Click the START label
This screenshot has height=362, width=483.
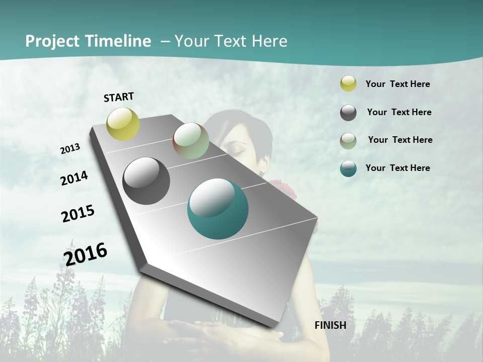tap(119, 97)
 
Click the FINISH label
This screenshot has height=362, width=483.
tap(330, 325)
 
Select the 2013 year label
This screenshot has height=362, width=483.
tap(70, 149)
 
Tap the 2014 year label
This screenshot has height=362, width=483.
tap(74, 178)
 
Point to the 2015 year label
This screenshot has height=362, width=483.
tap(78, 214)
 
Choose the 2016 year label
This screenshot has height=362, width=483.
tap(86, 254)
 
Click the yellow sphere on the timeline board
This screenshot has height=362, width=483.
tap(123, 124)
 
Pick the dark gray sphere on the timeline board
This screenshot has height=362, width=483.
tap(146, 181)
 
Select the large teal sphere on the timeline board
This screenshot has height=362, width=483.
tap(218, 209)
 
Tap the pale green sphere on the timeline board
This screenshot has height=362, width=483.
tap(191, 141)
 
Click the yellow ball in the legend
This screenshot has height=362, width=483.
tap(348, 84)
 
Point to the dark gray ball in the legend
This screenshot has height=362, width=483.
tap(348, 113)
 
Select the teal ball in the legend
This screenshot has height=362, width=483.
tap(348, 168)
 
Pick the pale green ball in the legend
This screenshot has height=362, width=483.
tap(348, 141)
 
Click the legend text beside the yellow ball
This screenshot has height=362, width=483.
tap(397, 84)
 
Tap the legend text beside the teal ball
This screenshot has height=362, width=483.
tap(397, 168)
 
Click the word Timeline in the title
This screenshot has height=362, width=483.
tap(118, 41)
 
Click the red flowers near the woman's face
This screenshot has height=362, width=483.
tap(283, 188)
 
